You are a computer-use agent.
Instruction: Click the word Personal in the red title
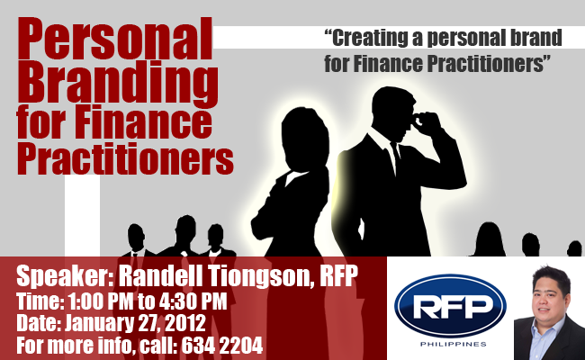pyautogui.click(x=115, y=40)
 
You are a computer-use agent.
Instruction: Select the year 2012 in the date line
pyautogui.click(x=185, y=323)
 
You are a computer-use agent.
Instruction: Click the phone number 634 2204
pyautogui.click(x=222, y=345)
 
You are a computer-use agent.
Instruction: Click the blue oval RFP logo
pyautogui.click(x=450, y=306)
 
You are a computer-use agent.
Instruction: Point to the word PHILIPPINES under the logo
pyautogui.click(x=453, y=344)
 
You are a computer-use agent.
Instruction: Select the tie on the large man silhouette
pyautogui.click(x=395, y=157)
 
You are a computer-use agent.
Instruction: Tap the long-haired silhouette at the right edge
pyautogui.click(x=489, y=239)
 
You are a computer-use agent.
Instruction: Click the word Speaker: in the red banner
pyautogui.click(x=65, y=276)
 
